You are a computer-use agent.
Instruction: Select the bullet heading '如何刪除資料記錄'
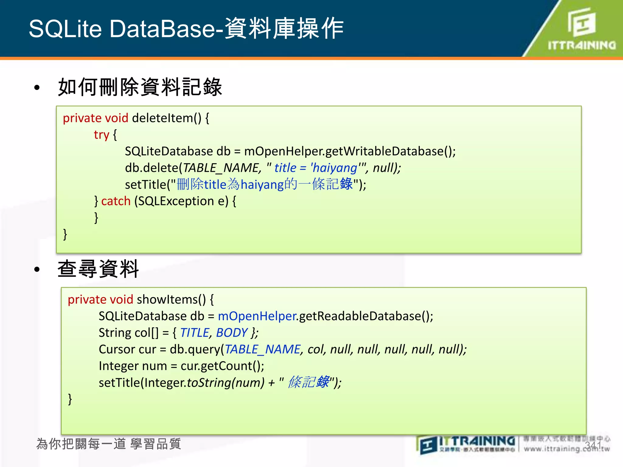pyautogui.click(x=140, y=87)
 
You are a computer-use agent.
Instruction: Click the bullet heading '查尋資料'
pyautogui.click(x=98, y=269)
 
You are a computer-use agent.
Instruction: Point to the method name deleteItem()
pyautogui.click(x=166, y=118)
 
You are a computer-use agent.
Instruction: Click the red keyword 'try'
pyautogui.click(x=101, y=135)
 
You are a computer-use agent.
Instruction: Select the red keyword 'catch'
pyautogui.click(x=116, y=201)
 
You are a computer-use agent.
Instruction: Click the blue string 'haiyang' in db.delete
pyautogui.click(x=335, y=168)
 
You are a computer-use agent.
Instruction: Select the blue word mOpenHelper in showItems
pyautogui.click(x=257, y=316)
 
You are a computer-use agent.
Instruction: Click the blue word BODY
pyautogui.click(x=232, y=333)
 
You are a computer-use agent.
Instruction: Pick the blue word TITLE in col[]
pyautogui.click(x=194, y=333)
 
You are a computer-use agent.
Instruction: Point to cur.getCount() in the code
pyautogui.click(x=222, y=366)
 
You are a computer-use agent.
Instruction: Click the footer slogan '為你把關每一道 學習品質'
pyautogui.click(x=109, y=444)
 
